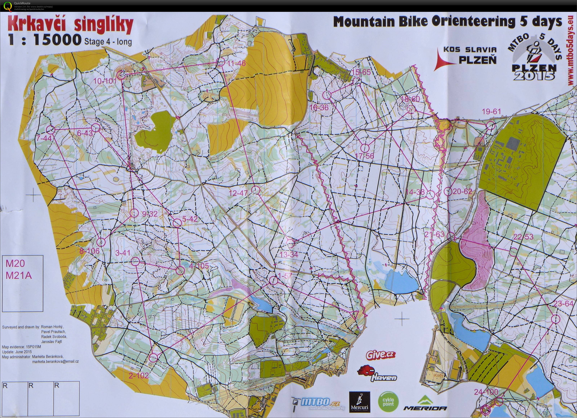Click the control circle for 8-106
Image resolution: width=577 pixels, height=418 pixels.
click(101, 242)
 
